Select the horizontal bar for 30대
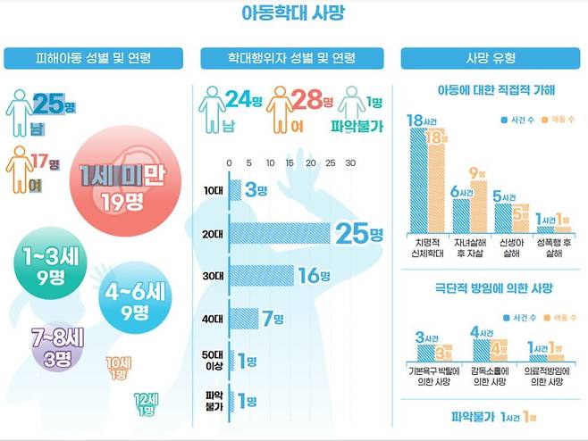click(x=261, y=275)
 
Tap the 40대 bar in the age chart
click(x=243, y=318)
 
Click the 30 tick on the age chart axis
click(x=350, y=162)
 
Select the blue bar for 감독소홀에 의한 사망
click(x=479, y=352)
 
